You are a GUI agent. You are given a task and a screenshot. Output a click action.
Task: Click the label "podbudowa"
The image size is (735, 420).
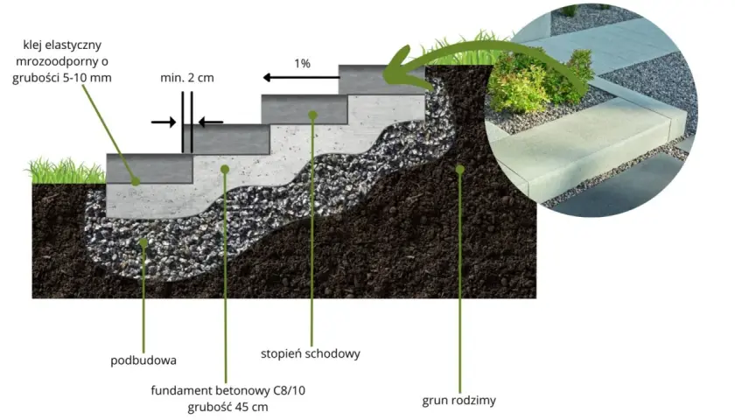[x=143, y=360]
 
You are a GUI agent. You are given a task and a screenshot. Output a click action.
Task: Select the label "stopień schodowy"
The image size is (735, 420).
[x=311, y=353]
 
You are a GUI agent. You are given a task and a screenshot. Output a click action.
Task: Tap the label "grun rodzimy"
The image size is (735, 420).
[x=458, y=401]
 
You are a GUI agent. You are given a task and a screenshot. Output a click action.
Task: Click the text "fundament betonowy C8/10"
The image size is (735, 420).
[x=227, y=390]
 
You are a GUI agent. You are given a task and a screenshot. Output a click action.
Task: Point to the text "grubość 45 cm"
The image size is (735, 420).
[x=227, y=407]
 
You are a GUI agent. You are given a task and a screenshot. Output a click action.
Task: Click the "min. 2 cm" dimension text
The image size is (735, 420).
[x=187, y=78]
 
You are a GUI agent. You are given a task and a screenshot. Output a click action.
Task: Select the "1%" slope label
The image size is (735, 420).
[x=303, y=63]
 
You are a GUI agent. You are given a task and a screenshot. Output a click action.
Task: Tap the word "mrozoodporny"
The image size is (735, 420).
[x=62, y=61]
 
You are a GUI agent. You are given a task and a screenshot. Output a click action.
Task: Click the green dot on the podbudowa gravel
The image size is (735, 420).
[x=143, y=243]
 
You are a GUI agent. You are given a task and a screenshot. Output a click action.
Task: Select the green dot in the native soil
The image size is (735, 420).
[x=460, y=169]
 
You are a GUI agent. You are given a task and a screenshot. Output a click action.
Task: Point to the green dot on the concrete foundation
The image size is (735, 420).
[x=225, y=169]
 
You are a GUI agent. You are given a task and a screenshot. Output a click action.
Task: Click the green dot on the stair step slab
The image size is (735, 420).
[x=312, y=115]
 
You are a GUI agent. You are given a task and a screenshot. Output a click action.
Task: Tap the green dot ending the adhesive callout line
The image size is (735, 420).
[x=136, y=181]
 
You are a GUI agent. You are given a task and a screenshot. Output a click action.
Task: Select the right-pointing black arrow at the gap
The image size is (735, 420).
[x=163, y=122]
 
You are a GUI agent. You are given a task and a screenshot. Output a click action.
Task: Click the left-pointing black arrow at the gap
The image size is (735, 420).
[x=211, y=122]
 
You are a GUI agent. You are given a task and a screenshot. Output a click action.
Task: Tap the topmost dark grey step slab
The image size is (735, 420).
[x=381, y=80]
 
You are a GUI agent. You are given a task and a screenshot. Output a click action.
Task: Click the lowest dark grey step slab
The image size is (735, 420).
[x=150, y=168]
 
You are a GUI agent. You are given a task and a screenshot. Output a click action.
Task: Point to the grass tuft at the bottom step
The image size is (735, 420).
[x=66, y=171]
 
